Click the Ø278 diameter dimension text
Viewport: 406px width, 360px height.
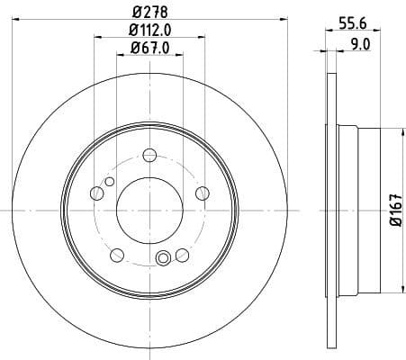click(x=150, y=12)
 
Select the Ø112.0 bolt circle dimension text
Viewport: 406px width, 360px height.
click(x=150, y=33)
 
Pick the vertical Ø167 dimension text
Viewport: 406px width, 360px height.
click(x=394, y=211)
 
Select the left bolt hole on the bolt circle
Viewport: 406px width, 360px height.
click(x=97, y=193)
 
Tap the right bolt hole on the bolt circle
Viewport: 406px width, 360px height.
click(x=202, y=193)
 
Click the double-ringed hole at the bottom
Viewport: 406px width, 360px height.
click(x=163, y=260)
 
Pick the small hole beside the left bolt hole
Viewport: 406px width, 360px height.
click(x=109, y=183)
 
